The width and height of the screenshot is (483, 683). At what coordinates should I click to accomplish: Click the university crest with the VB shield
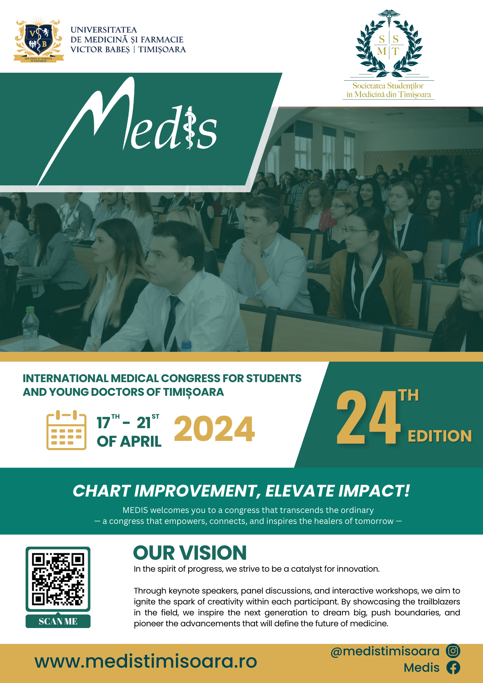39,39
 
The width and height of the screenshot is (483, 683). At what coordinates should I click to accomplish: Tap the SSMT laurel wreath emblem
389,43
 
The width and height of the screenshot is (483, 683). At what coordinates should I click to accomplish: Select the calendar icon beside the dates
66,430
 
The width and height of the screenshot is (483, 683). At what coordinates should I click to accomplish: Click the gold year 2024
215,429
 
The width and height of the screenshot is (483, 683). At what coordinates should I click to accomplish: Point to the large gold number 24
368,418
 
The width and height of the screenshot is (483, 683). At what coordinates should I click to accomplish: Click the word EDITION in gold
440,436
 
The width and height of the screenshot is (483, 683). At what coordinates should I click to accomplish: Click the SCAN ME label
58,621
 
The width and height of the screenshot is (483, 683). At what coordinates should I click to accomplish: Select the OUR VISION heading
190,553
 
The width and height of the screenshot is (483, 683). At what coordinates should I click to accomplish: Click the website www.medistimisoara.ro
146,661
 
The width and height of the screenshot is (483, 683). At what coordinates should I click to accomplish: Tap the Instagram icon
453,651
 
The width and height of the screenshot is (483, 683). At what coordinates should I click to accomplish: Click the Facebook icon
453,668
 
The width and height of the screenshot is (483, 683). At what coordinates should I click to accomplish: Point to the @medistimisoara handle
385,651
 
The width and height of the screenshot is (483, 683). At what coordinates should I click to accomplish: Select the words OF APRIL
129,442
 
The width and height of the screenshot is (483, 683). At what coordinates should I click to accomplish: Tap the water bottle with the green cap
30,328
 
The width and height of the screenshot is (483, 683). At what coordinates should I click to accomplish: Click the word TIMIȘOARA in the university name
162,50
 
